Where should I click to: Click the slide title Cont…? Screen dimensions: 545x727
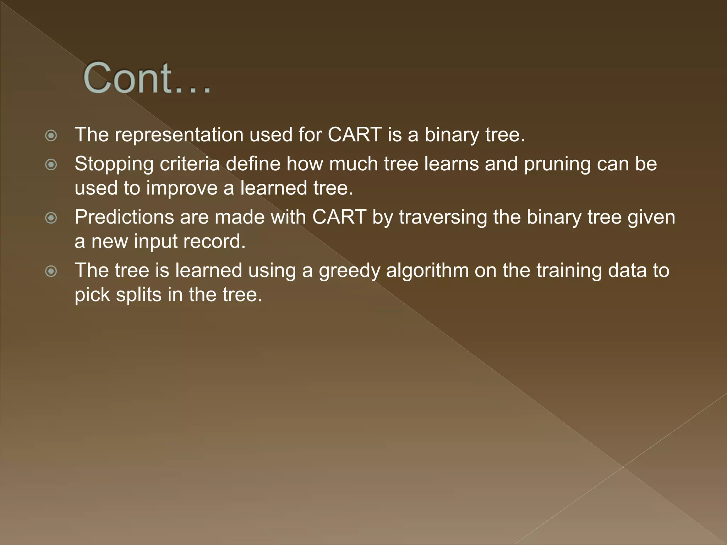pos(147,78)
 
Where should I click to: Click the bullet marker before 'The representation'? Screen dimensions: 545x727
pos(51,136)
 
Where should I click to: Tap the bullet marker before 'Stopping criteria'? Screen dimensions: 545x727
pos(51,165)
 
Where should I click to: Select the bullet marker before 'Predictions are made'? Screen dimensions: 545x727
pos(51,218)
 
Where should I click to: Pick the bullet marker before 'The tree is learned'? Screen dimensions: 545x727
pos(51,271)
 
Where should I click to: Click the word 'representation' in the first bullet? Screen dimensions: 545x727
pos(179,135)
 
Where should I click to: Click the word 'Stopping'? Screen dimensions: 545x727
pos(114,165)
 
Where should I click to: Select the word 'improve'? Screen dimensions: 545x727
pos(182,188)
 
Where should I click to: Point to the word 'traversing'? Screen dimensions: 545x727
pos(443,218)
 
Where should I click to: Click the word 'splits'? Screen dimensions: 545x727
pos(139,295)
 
